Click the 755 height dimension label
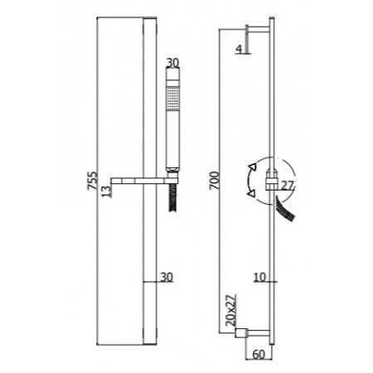pyautogui.click(x=92, y=181)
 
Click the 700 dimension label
pyautogui.click(x=215, y=181)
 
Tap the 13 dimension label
pyautogui.click(x=106, y=191)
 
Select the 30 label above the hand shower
pyautogui.click(x=172, y=63)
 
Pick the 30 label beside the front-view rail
pyautogui.click(x=167, y=277)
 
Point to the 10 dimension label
pyautogui.click(x=259, y=277)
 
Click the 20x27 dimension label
pyautogui.click(x=231, y=310)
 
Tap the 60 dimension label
pyautogui.click(x=259, y=355)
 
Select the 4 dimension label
pyautogui.click(x=239, y=49)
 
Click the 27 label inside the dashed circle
pyautogui.click(x=288, y=186)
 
